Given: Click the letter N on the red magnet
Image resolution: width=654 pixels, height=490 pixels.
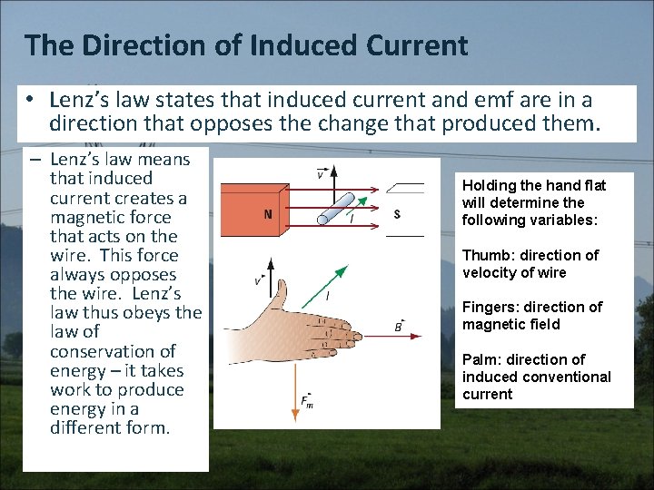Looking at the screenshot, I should (x=267, y=215).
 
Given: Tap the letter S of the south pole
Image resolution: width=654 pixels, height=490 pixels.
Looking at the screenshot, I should (x=397, y=214).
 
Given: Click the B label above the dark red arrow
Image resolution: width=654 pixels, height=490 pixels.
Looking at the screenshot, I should (x=398, y=326).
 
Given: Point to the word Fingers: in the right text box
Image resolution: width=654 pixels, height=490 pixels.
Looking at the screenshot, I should (x=490, y=307).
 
